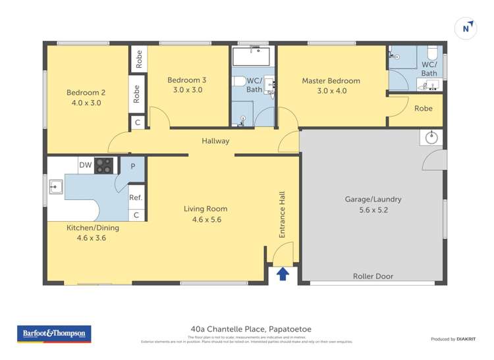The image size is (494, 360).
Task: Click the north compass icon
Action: [466, 28]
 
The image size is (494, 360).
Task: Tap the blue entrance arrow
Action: [283, 273]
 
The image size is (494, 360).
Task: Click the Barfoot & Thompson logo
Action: [53, 334]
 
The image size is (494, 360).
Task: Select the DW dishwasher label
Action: [85, 165]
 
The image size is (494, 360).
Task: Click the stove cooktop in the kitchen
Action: [104, 165]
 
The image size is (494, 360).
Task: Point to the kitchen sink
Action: [55, 187]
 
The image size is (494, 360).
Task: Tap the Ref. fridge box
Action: [136, 197]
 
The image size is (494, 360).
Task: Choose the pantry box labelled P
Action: [133, 167]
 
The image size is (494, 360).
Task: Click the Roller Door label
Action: [373, 276]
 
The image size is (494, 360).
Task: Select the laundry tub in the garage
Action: [431, 138]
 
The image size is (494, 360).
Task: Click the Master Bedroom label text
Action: [331, 81]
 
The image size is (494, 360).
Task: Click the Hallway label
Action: [215, 141]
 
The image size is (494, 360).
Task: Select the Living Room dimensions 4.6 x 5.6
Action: [206, 219]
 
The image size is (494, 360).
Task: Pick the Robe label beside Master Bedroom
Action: [424, 109]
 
